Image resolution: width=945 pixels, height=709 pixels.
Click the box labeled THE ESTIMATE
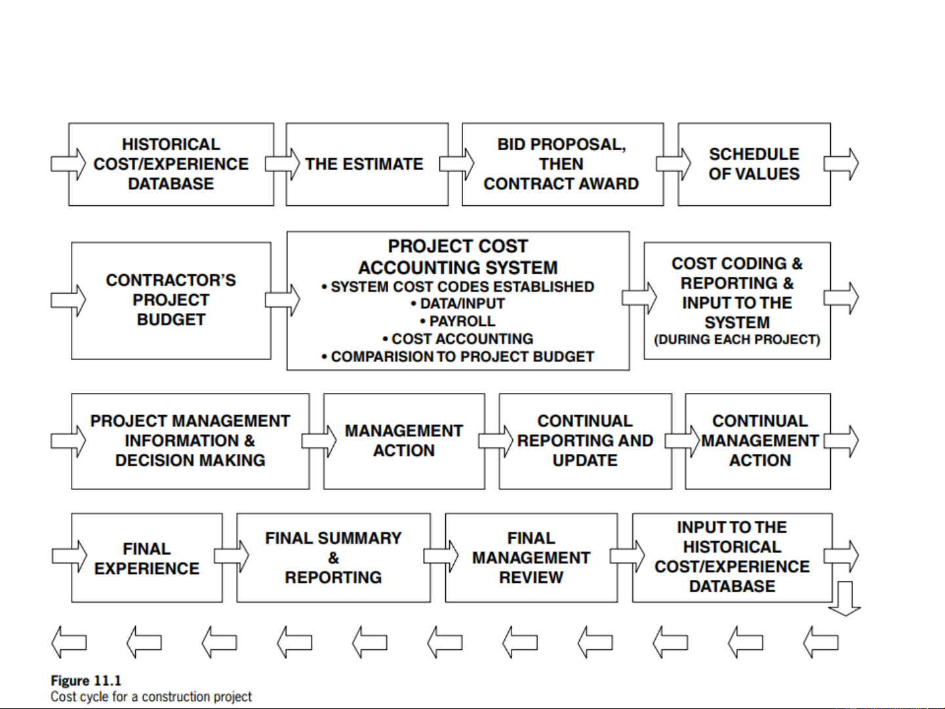tap(365, 164)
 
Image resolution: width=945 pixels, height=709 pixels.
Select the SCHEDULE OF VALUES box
tap(754, 164)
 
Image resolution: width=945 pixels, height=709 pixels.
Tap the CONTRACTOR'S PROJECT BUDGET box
tap(171, 300)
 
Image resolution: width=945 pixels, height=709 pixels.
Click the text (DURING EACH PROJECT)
tap(737, 340)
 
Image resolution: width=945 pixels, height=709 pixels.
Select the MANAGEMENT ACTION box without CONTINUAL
tap(404, 441)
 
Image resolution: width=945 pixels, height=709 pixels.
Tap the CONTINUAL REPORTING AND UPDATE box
tap(585, 441)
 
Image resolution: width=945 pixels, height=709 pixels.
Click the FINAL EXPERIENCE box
tap(147, 558)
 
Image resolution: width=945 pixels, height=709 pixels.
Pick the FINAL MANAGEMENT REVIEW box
tap(531, 558)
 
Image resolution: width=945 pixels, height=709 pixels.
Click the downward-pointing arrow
tap(845, 598)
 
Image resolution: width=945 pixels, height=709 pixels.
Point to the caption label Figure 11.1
tap(86, 681)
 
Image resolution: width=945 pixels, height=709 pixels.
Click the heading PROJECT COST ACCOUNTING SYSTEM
tap(458, 257)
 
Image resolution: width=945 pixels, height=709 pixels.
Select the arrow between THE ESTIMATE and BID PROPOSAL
tap(457, 164)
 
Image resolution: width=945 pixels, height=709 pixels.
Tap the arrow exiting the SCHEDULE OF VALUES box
tap(841, 164)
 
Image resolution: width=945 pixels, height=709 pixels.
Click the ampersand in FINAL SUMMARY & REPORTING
tap(333, 558)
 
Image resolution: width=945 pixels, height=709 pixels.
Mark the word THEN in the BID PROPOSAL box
tap(561, 164)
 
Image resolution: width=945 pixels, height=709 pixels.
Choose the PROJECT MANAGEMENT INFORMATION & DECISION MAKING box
tap(190, 441)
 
